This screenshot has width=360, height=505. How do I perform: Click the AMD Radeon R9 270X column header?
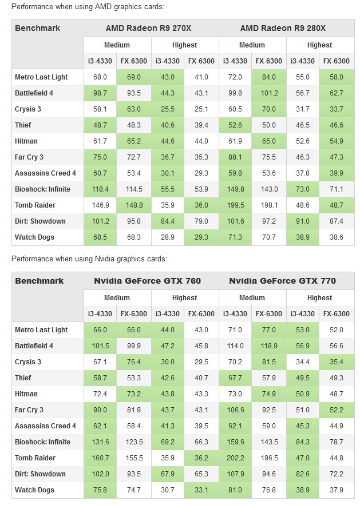pyautogui.click(x=148, y=28)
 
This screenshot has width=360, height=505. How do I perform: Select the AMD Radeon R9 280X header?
pyautogui.click(x=283, y=28)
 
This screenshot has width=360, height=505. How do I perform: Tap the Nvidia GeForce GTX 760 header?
pyautogui.click(x=147, y=281)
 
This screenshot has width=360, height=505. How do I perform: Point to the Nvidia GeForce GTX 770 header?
pyautogui.click(x=282, y=281)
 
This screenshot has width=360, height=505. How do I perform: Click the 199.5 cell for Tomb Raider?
pyautogui.click(x=235, y=205)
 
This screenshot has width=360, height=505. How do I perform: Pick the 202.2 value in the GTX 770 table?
pyautogui.click(x=235, y=458)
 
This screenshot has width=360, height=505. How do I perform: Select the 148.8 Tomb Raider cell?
pyautogui.click(x=134, y=205)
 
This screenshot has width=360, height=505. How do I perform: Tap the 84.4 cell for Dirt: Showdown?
pyautogui.click(x=168, y=221)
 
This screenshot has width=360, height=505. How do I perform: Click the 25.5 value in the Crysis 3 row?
pyautogui.click(x=168, y=109)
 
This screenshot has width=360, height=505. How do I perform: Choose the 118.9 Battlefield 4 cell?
pyautogui.click(x=269, y=346)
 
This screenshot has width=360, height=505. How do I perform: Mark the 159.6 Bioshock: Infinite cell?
pyautogui.click(x=235, y=442)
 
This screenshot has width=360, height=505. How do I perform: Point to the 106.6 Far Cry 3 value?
pyautogui.click(x=235, y=410)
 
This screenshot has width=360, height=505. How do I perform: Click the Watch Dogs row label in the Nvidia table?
pyautogui.click(x=34, y=490)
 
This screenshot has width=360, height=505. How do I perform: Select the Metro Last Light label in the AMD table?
pyautogui.click(x=41, y=77)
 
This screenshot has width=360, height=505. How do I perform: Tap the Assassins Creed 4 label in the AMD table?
pyautogui.click(x=45, y=173)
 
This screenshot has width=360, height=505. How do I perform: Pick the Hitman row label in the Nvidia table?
pyautogui.click(x=26, y=394)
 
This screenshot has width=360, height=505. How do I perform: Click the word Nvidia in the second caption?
pyautogui.click(x=105, y=259)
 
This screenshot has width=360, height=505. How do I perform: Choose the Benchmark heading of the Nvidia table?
pyautogui.click(x=39, y=281)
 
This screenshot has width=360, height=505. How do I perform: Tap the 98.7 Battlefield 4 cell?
pyautogui.click(x=100, y=93)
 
